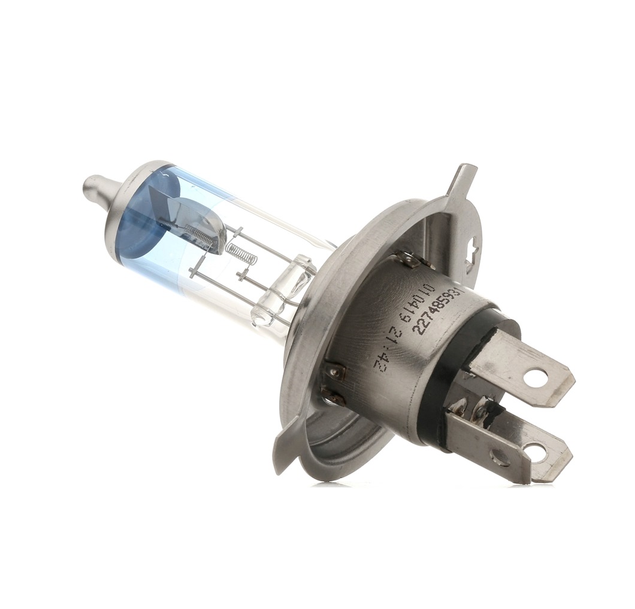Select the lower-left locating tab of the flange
286,444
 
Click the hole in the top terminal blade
535,378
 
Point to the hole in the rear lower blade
534,452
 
